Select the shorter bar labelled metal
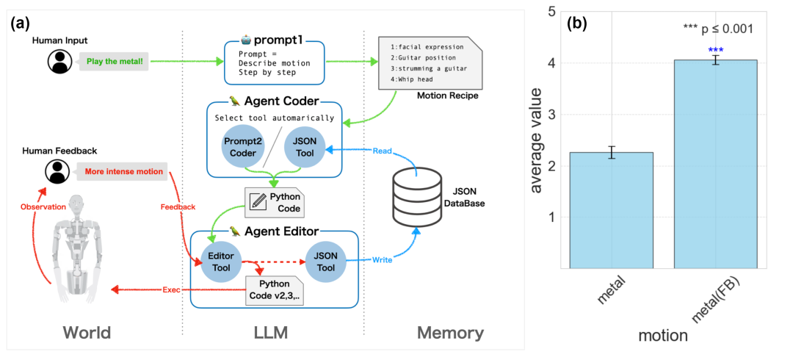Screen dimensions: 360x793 click(x=612, y=210)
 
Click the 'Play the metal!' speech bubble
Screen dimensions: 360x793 click(x=115, y=62)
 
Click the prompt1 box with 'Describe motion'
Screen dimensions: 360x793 click(x=275, y=62)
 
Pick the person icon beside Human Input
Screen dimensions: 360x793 click(x=59, y=62)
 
